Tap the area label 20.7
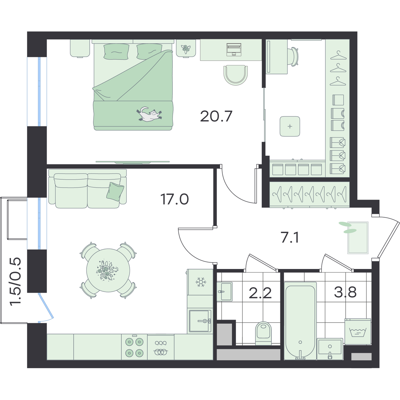[x=216, y=116]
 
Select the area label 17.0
[x=175, y=199]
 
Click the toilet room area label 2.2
[x=260, y=293]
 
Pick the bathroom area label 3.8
[x=345, y=292]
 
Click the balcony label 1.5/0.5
[x=16, y=281]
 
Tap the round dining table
[x=108, y=270]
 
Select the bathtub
[x=300, y=321]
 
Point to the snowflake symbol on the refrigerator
[x=201, y=282]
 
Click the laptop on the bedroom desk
[x=234, y=49]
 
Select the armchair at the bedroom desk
[x=236, y=75]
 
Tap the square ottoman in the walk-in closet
[x=290, y=126]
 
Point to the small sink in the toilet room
[x=225, y=292]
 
